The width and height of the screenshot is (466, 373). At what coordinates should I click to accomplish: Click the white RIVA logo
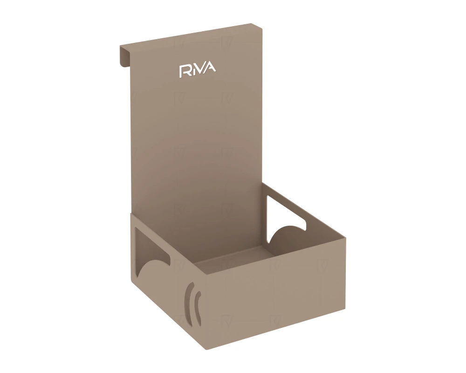tap(198, 70)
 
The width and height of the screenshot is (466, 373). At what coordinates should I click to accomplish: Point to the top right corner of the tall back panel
tap(262, 25)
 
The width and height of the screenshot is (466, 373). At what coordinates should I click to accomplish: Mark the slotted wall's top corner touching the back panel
tap(131, 215)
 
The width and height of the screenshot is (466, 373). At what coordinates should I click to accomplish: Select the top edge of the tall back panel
tap(191, 35)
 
